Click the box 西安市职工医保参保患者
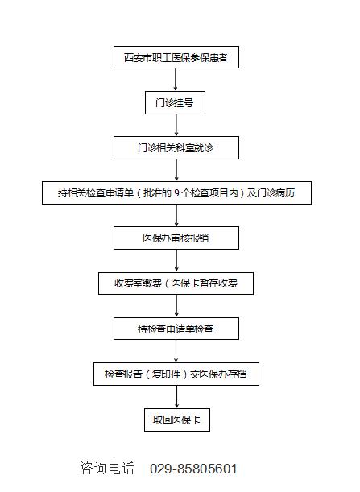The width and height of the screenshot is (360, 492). [x=176, y=57]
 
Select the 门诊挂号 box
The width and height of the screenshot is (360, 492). [x=175, y=102]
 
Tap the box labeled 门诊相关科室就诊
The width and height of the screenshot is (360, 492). [x=176, y=147]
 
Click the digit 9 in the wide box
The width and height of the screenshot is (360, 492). [x=176, y=193]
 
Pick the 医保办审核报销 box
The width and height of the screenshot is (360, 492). [x=176, y=238]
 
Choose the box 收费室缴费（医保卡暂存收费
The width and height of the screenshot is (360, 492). [x=176, y=283]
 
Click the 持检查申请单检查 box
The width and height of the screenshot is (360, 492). [x=176, y=329]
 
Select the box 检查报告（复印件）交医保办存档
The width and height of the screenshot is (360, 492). [x=176, y=374]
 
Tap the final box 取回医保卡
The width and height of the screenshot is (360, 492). [x=177, y=420]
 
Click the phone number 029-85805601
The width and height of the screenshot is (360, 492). [x=193, y=469]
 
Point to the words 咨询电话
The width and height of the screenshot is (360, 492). [x=107, y=468]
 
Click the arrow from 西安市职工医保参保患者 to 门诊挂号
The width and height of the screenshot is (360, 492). [x=175, y=80]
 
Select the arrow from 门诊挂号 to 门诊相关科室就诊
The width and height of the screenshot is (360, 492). [x=176, y=125]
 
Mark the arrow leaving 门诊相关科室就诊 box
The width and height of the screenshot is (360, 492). [x=176, y=170]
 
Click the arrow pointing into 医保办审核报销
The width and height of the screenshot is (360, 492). [x=176, y=215]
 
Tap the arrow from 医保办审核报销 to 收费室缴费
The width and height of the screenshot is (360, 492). [x=176, y=261]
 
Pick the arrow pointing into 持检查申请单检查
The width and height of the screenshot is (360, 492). [x=176, y=306]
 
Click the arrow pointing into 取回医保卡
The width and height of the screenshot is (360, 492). [x=176, y=397]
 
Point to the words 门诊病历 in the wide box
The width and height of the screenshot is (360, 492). [x=276, y=193]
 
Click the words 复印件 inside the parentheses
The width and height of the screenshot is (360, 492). [x=166, y=374]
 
